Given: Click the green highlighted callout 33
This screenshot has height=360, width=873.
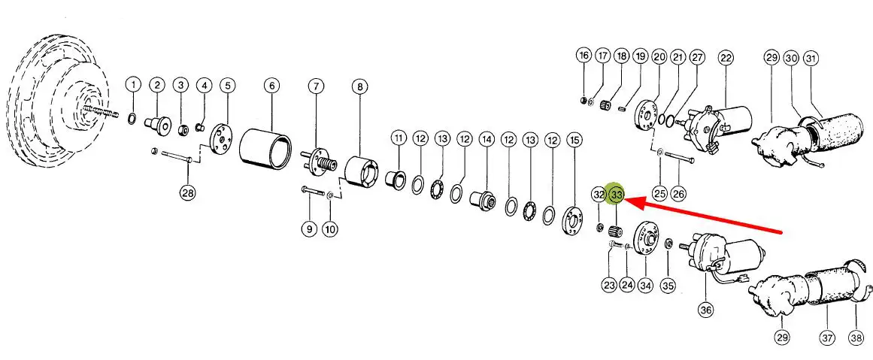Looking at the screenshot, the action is click(617, 195).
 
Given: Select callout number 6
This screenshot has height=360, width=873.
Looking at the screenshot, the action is click(272, 86).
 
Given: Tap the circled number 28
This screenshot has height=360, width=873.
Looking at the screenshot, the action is click(188, 193).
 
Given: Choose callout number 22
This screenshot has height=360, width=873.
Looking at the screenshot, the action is click(726, 57).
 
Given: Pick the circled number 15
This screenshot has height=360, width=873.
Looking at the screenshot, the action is click(574, 141).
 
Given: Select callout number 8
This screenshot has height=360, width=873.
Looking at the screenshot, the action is click(359, 86).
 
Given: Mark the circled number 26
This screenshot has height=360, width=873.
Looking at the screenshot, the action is click(678, 193).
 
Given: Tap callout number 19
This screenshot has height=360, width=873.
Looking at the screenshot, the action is click(640, 56).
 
